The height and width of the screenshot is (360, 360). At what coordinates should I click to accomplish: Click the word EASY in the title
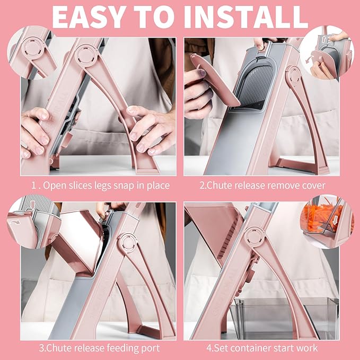89,16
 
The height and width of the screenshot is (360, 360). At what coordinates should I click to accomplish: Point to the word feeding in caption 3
118,348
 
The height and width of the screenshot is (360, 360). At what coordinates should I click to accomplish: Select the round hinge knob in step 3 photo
128,243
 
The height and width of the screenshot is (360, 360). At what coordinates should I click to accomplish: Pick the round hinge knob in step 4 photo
255,236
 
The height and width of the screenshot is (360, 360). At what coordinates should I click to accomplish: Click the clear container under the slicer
284,318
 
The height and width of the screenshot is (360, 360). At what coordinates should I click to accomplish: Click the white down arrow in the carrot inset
336,220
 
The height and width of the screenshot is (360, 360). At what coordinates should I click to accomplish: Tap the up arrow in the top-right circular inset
323,39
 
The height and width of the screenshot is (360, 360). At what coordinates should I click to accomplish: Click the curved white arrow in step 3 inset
15,222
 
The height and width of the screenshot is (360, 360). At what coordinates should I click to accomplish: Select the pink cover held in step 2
215,79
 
